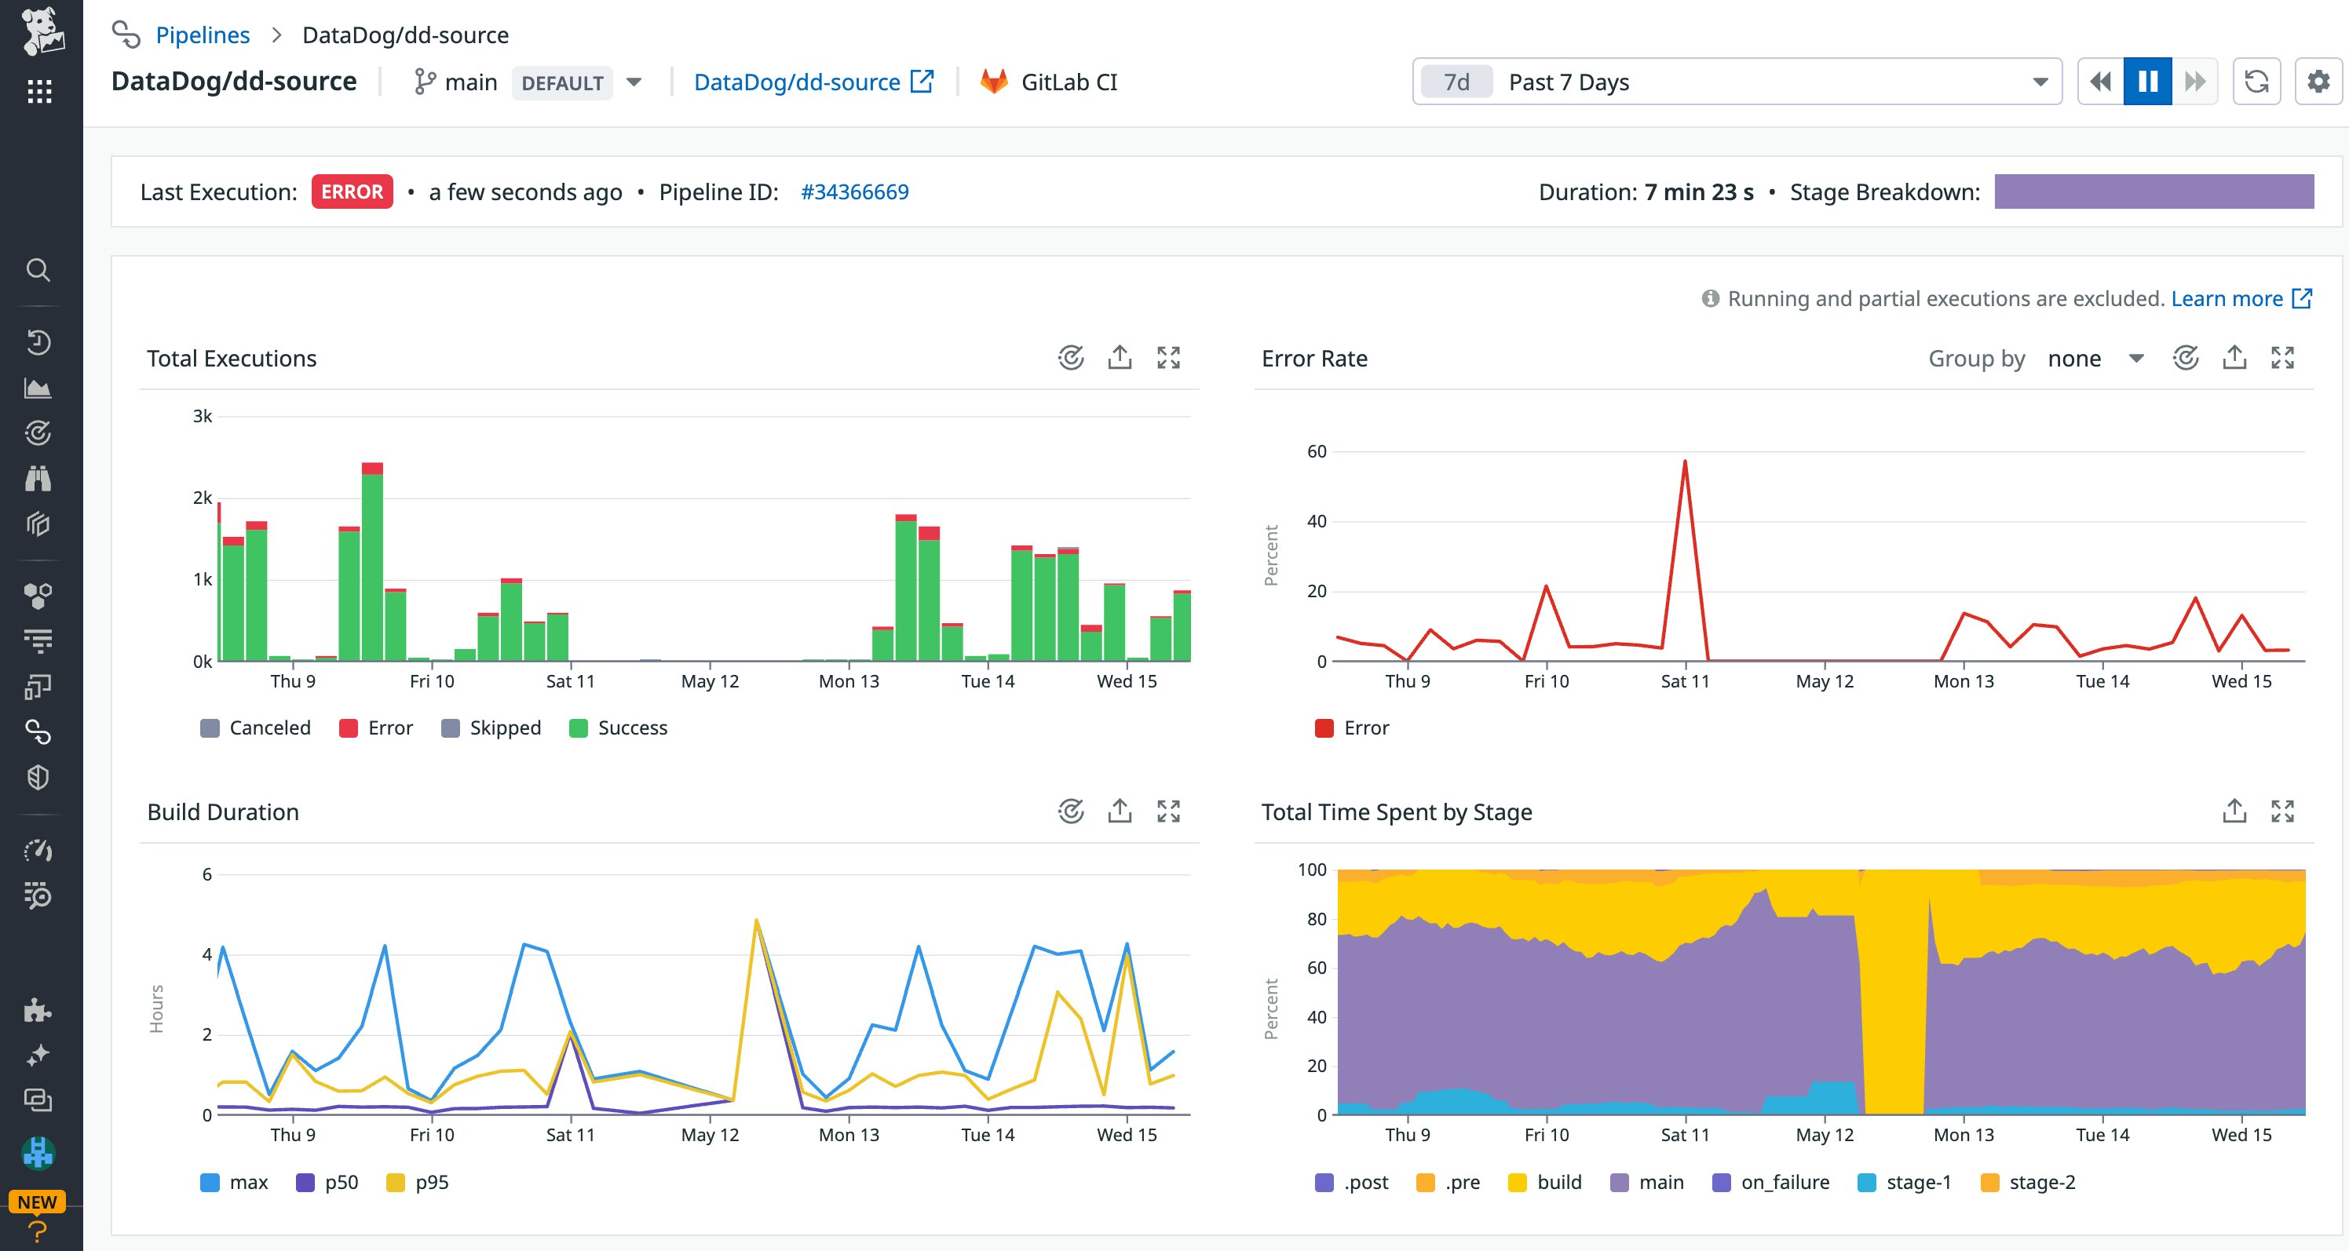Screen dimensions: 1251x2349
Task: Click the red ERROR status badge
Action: pyautogui.click(x=352, y=191)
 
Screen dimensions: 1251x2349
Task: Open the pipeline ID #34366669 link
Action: pyautogui.click(x=853, y=191)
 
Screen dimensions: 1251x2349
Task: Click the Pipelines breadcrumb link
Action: pyautogui.click(x=203, y=35)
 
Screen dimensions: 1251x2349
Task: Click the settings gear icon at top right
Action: pyautogui.click(x=2317, y=82)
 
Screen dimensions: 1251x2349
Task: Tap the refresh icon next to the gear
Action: pyautogui.click(x=2256, y=82)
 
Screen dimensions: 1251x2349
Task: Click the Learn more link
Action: pyautogui.click(x=2226, y=299)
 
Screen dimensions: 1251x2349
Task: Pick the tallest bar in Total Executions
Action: pyautogui.click(x=372, y=565)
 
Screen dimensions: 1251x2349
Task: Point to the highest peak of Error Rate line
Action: pyautogui.click(x=1684, y=462)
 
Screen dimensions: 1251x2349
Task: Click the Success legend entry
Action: pyautogui.click(x=632, y=728)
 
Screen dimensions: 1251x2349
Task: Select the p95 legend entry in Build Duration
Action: pyautogui.click(x=430, y=1182)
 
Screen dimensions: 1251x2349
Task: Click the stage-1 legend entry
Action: pyautogui.click(x=1918, y=1182)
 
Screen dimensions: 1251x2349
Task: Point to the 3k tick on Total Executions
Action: pyautogui.click(x=203, y=417)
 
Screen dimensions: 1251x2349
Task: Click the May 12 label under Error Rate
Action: pyautogui.click(x=1824, y=681)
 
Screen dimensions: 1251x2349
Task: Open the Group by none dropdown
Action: pyautogui.click(x=2094, y=359)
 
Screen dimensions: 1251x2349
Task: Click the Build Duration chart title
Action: pyautogui.click(x=224, y=812)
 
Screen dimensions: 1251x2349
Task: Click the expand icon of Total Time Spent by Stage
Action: pyautogui.click(x=2281, y=812)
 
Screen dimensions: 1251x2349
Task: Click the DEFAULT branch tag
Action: pyautogui.click(x=561, y=83)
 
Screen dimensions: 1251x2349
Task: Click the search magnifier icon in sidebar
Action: pyautogui.click(x=38, y=270)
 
